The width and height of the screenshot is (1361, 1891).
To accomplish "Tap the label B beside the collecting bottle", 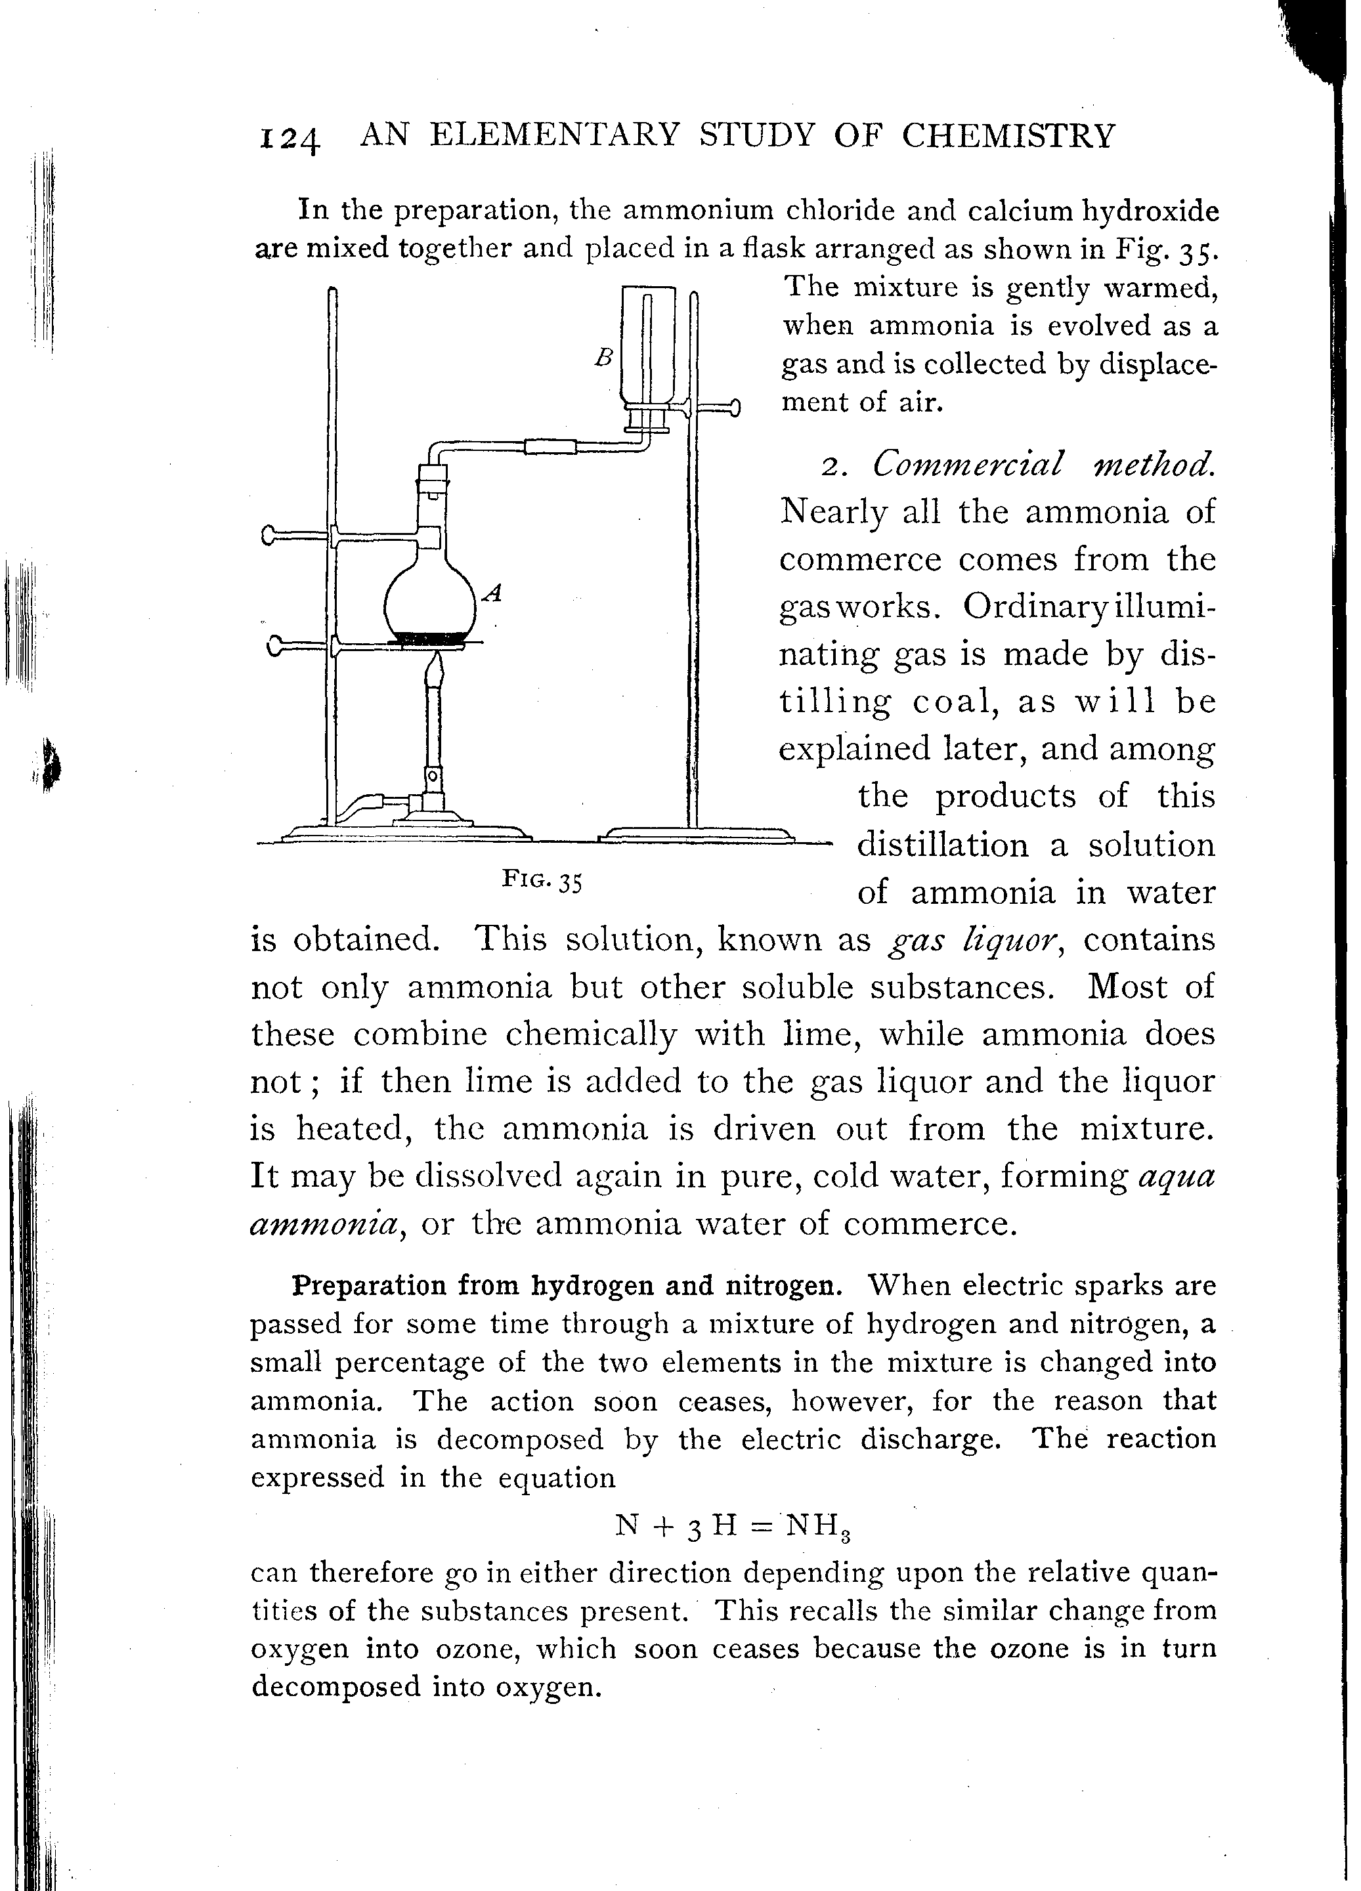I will coord(604,357).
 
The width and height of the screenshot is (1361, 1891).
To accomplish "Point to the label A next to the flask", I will coord(494,593).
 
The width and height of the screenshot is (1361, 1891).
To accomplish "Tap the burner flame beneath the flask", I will coord(435,667).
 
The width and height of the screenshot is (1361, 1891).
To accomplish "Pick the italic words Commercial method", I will coord(1042,463).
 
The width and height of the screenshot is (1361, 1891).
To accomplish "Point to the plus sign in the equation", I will coord(664,1526).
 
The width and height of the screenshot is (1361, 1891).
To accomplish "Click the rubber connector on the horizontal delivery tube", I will coord(551,447).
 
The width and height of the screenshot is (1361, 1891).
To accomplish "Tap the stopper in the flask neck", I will coord(432,482).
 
